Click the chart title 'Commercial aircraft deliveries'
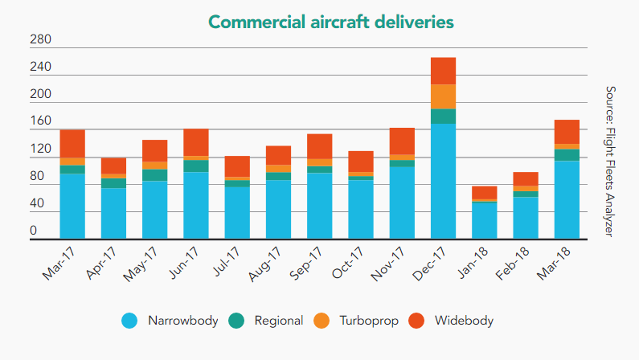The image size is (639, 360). [331, 22]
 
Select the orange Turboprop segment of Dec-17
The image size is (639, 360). [444, 97]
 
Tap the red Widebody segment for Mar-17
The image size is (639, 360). [72, 144]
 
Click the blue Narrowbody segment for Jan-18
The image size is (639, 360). [485, 220]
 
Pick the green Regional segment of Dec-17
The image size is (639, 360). [444, 117]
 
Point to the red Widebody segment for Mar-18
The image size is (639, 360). [567, 132]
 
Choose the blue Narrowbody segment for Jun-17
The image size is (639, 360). [196, 205]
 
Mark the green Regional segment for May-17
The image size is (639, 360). [155, 175]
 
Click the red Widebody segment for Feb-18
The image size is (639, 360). [526, 178]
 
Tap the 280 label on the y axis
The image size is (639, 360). [40, 39]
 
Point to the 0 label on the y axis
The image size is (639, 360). [34, 231]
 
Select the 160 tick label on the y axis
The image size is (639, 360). [40, 121]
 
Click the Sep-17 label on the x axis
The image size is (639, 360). [305, 263]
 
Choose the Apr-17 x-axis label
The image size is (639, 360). [100, 263]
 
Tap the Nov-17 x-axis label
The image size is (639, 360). [387, 264]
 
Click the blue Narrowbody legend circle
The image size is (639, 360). [129, 321]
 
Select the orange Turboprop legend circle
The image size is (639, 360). [322, 321]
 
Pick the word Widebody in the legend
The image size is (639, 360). [464, 321]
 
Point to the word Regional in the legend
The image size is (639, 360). [279, 321]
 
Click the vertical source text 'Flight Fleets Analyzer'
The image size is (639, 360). [609, 182]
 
